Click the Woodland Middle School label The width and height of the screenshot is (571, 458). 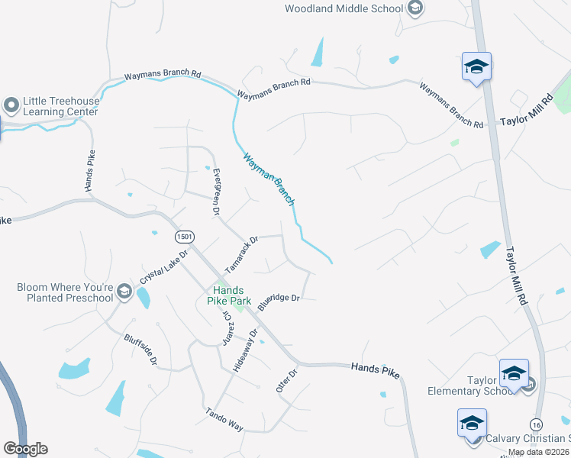pyautogui.click(x=344, y=8)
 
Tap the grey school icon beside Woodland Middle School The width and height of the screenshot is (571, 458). pyautogui.click(x=415, y=8)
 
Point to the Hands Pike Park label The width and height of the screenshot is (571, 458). pyautogui.click(x=228, y=295)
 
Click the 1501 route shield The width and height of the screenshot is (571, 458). pyautogui.click(x=182, y=236)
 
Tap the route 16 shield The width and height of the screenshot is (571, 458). pyautogui.click(x=536, y=424)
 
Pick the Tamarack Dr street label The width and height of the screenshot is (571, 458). pyautogui.click(x=242, y=255)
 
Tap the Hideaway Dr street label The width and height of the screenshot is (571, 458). pyautogui.click(x=246, y=352)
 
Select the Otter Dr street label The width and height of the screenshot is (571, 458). pyautogui.click(x=286, y=379)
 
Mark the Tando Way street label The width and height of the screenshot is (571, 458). pyautogui.click(x=224, y=420)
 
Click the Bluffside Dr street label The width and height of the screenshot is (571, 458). pyautogui.click(x=142, y=348)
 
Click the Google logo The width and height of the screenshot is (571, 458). pyautogui.click(x=25, y=449)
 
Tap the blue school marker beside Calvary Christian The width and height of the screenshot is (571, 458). pyautogui.click(x=472, y=424)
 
